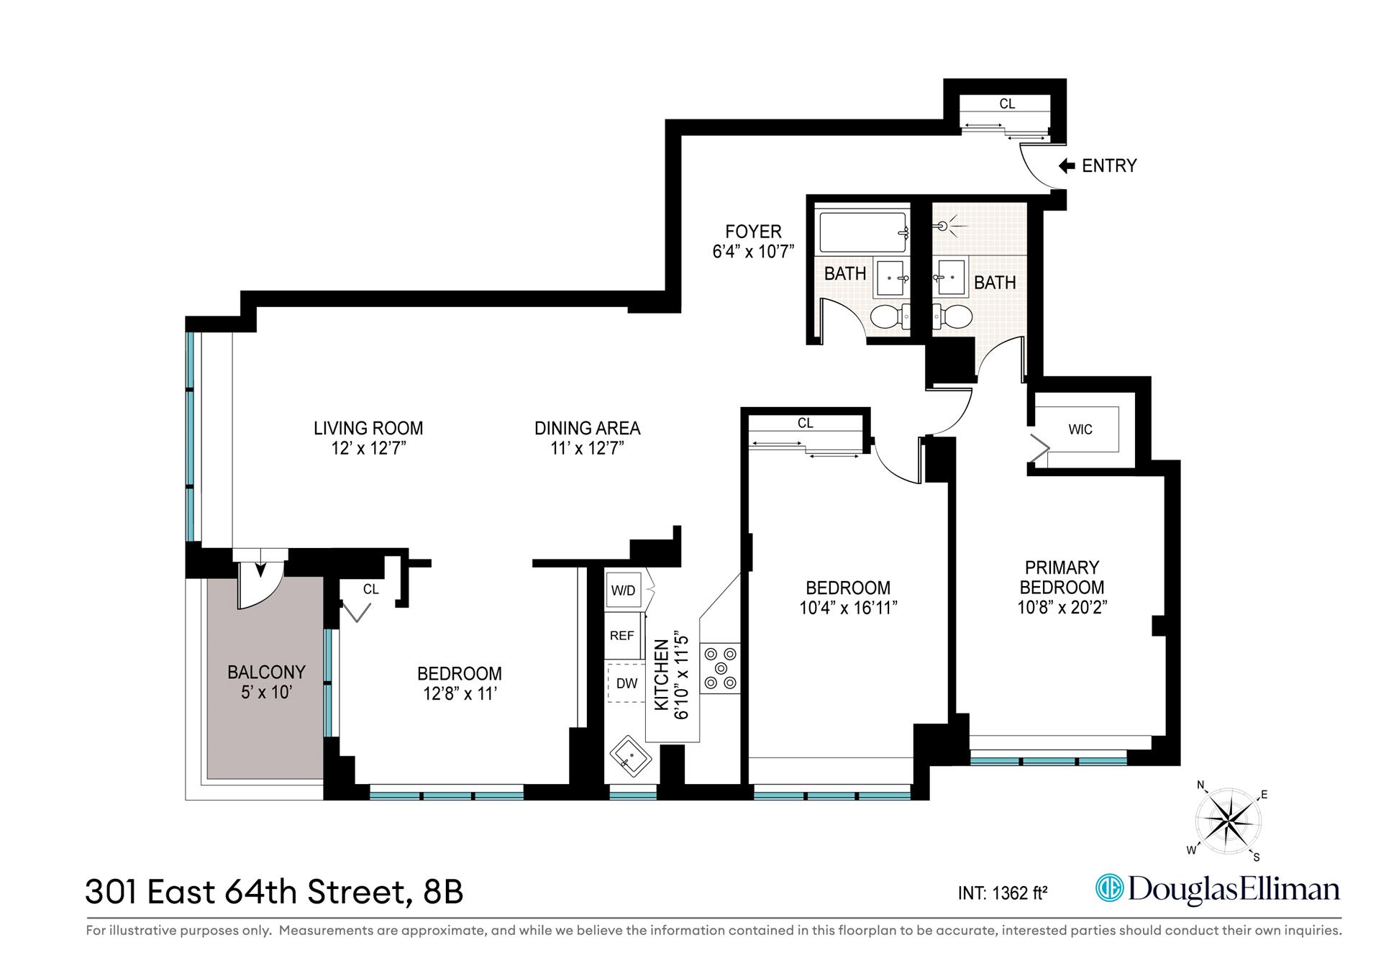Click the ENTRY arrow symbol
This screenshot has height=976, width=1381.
pyautogui.click(x=1067, y=166)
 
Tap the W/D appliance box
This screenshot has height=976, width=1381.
pyautogui.click(x=623, y=590)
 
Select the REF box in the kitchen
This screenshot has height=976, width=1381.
pyautogui.click(x=622, y=636)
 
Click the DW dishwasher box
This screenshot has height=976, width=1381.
pyautogui.click(x=626, y=683)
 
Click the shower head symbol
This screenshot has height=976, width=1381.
pyautogui.click(x=943, y=226)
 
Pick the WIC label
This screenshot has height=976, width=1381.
pyautogui.click(x=1080, y=429)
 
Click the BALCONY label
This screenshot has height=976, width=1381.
pyautogui.click(x=266, y=672)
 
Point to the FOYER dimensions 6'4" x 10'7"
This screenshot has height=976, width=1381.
pyautogui.click(x=752, y=252)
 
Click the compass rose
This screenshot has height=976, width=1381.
pyautogui.click(x=1227, y=821)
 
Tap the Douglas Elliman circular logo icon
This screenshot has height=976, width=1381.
pyautogui.click(x=1108, y=888)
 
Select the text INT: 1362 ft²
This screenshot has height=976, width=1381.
pyautogui.click(x=1002, y=893)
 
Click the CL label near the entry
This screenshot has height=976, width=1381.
pyautogui.click(x=1007, y=104)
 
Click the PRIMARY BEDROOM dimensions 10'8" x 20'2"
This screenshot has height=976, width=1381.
pyautogui.click(x=1062, y=607)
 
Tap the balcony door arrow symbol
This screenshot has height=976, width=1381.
pyautogui.click(x=260, y=570)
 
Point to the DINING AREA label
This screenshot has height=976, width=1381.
pyautogui.click(x=587, y=428)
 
